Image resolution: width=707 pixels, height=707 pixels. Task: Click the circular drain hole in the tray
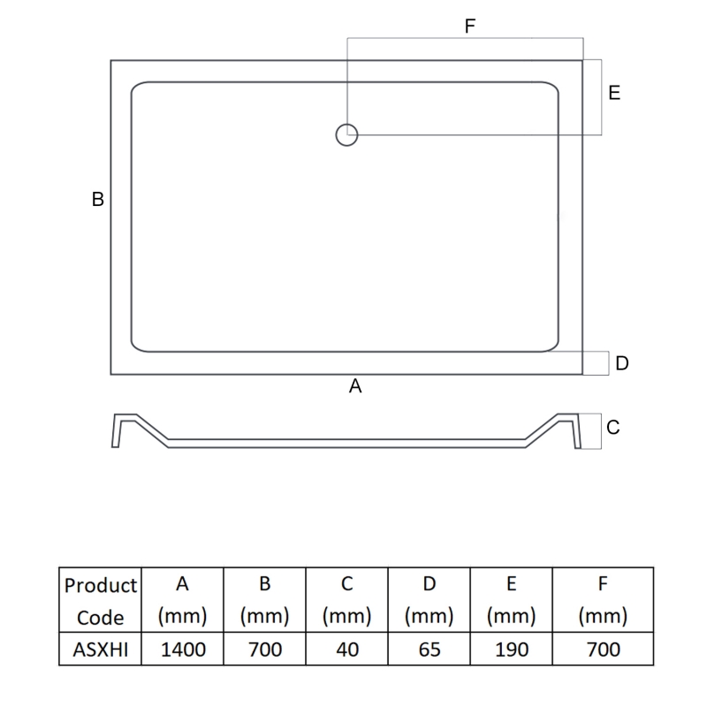[x=346, y=134]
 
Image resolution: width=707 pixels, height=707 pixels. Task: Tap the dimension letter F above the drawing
[x=470, y=27]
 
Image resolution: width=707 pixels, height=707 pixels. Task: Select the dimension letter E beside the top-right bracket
[x=614, y=93]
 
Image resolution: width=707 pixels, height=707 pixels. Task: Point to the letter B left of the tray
[x=98, y=200]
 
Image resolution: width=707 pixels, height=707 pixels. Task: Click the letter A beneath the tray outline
[x=355, y=386]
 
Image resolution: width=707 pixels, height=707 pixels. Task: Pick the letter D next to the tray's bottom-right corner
[x=621, y=363]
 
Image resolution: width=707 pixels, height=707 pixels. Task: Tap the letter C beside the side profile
[x=613, y=428]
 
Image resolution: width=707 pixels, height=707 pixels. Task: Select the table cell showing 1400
[x=183, y=650]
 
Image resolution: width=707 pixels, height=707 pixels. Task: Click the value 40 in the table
[x=347, y=650]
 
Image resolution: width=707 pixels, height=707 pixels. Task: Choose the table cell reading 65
[x=430, y=650]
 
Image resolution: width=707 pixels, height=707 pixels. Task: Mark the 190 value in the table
[x=512, y=650]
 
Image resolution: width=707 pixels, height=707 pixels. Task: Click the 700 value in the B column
[x=265, y=650]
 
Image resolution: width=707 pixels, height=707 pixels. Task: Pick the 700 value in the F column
[x=604, y=650]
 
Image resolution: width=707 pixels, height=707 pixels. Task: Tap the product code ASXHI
[x=101, y=650]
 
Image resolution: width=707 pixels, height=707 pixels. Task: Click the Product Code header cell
[x=101, y=600]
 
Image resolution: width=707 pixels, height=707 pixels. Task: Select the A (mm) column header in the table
[x=183, y=600]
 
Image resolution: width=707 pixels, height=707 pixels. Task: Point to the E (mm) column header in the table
[x=512, y=600]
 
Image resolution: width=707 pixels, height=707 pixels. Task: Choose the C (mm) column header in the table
[x=347, y=600]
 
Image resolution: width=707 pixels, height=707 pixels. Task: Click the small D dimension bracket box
[x=597, y=363]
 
